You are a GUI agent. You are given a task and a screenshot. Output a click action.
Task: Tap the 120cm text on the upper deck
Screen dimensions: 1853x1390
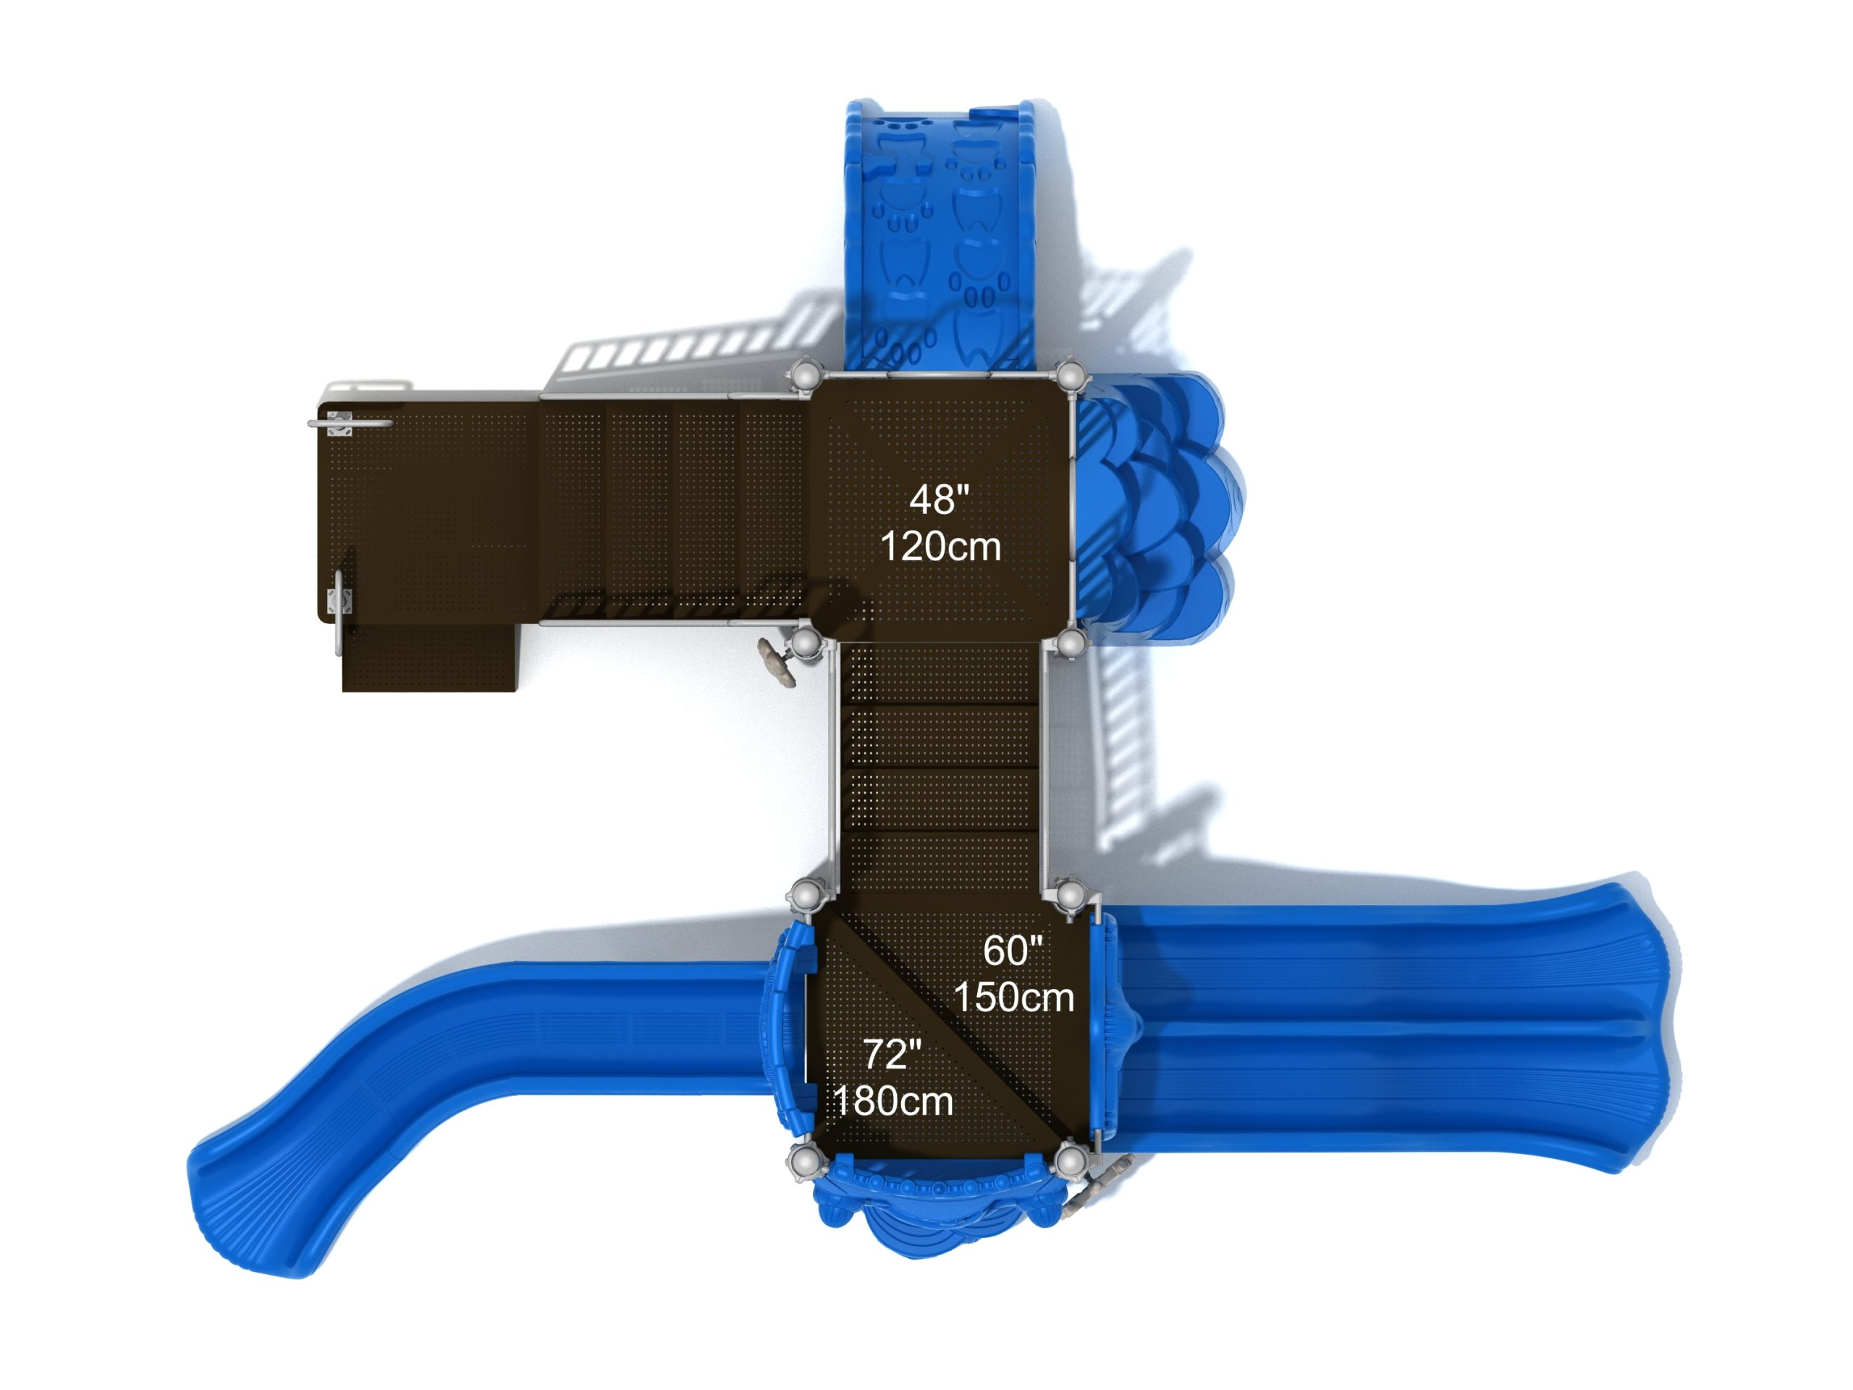tap(941, 547)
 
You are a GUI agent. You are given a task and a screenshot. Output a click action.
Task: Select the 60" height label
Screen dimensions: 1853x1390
tap(1012, 950)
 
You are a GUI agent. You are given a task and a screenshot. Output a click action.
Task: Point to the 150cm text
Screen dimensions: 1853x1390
tap(1013, 997)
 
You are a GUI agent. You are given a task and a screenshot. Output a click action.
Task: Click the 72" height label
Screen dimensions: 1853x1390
tap(892, 1054)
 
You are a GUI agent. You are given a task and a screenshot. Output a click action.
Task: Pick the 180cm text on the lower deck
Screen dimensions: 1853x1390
tap(893, 1101)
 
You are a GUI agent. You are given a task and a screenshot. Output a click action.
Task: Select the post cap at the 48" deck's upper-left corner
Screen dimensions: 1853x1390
tap(805, 373)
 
